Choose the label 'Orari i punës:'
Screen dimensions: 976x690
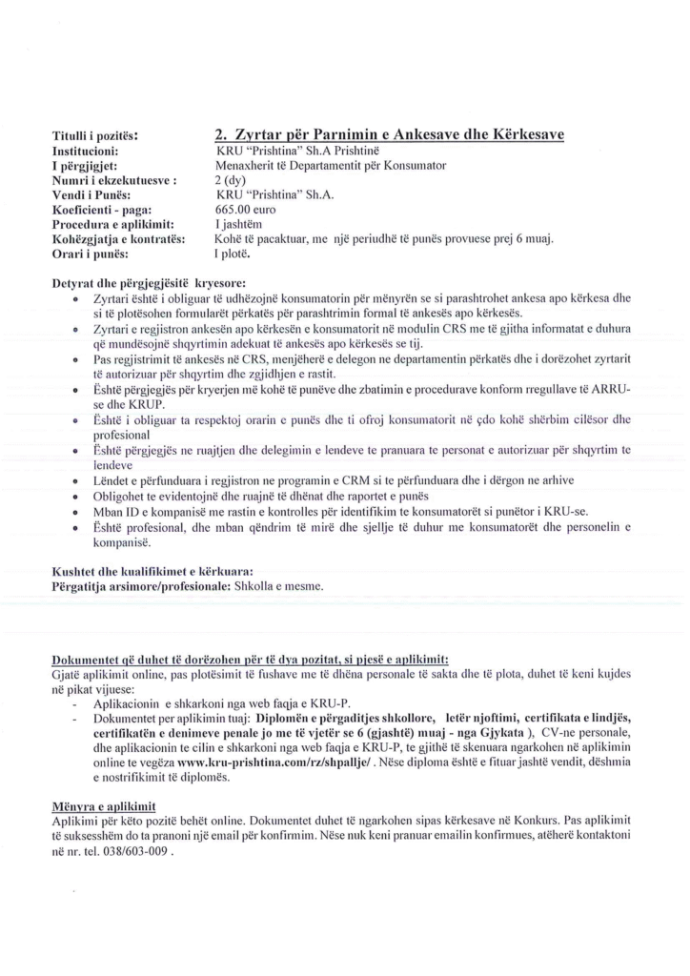pos(91,254)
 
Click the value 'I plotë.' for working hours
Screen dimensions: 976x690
pos(233,254)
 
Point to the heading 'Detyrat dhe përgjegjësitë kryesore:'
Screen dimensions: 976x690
pos(149,283)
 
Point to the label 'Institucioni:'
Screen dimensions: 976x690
pos(84,151)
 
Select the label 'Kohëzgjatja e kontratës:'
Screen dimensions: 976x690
pos(117,238)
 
